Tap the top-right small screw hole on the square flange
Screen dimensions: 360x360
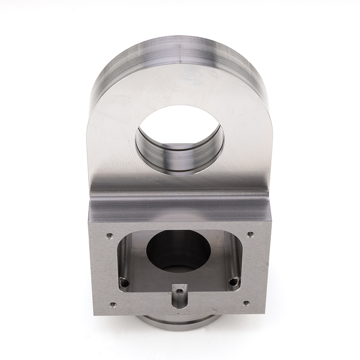(x=251, y=234)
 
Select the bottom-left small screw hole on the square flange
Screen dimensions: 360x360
(x=112, y=305)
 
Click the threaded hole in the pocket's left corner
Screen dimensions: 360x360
(x=124, y=283)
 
